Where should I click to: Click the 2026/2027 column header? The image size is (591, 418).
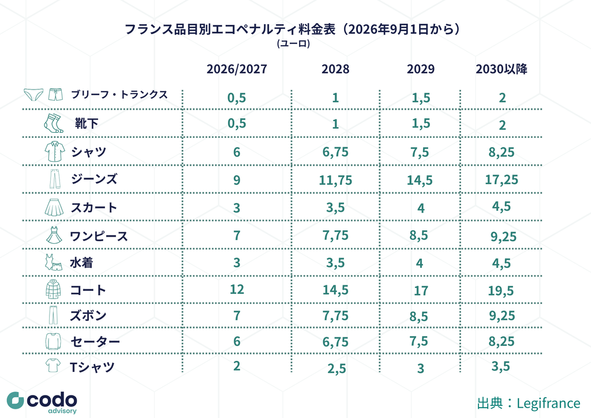(x=237, y=69)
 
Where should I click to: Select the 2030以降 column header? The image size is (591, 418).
(x=502, y=69)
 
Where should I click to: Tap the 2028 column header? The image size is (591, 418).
(x=335, y=69)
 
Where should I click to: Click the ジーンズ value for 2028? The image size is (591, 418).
(x=335, y=180)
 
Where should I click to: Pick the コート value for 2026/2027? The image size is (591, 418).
(x=237, y=289)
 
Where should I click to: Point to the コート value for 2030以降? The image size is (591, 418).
(x=501, y=290)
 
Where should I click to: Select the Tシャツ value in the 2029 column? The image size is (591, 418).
(x=421, y=368)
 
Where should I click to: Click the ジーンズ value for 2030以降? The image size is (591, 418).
(x=502, y=180)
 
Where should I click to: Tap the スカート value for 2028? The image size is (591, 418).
(x=335, y=208)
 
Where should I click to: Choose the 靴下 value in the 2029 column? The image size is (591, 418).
(x=421, y=124)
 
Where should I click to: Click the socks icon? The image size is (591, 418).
(x=54, y=123)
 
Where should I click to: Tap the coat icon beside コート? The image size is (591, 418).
(x=53, y=289)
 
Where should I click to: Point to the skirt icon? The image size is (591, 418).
(x=54, y=207)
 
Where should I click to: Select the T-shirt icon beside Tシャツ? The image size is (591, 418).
(x=53, y=365)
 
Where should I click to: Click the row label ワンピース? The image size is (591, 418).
(x=99, y=236)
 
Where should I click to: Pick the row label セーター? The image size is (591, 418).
(x=95, y=341)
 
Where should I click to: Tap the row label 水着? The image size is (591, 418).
(x=81, y=263)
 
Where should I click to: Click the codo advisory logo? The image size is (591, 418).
(x=42, y=403)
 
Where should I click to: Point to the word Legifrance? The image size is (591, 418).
(x=548, y=404)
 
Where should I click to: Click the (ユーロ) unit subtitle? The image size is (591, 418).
(x=294, y=44)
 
